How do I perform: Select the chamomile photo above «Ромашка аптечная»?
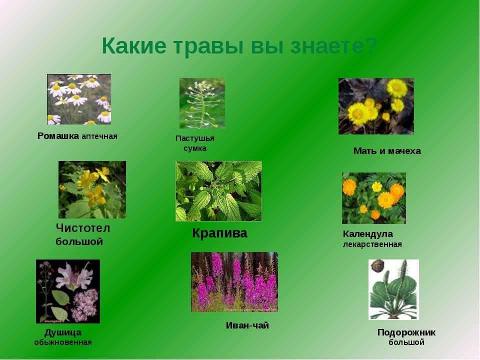[79, 99]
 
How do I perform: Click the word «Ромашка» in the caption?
[58, 136]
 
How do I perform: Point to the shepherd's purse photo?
[202, 103]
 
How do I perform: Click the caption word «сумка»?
[195, 148]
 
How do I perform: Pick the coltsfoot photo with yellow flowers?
[376, 106]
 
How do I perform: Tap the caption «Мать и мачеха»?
[387, 151]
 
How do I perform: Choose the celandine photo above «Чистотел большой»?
[92, 190]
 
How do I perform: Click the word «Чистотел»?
[83, 228]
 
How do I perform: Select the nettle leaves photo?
[218, 191]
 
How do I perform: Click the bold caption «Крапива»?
[219, 233]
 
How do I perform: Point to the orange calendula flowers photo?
[374, 198]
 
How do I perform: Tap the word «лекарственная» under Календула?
[372, 244]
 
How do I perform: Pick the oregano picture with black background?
[68, 291]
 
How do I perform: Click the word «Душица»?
[63, 333]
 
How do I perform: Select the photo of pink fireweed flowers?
[234, 282]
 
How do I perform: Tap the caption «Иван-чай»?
[247, 325]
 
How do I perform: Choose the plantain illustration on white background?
[393, 289]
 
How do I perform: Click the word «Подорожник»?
[406, 332]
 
